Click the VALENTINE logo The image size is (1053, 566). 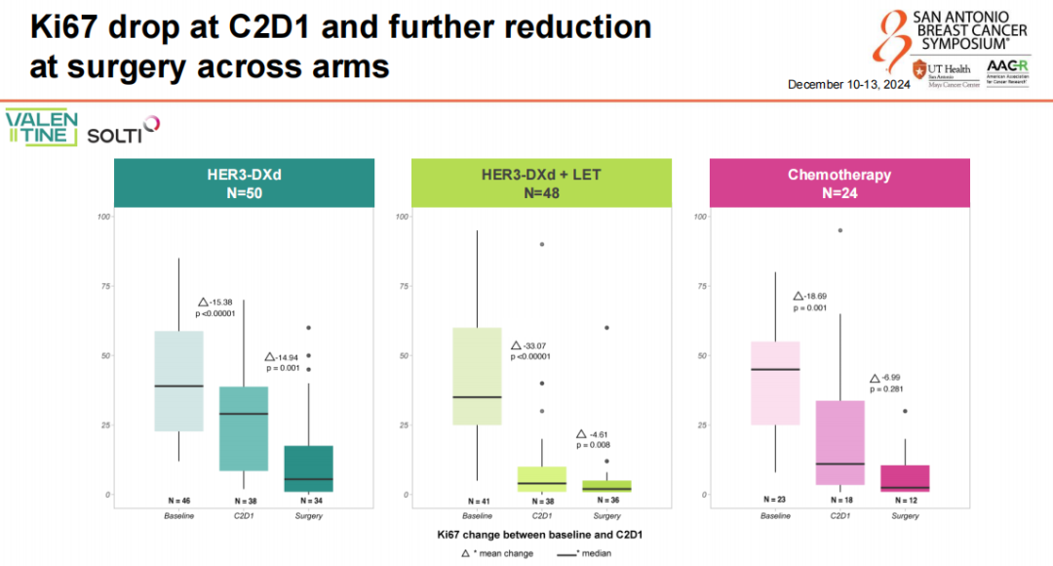click(41, 128)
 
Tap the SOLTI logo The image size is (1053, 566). click(122, 132)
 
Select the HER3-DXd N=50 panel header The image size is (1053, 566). click(244, 183)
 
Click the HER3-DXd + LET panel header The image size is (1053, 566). click(541, 183)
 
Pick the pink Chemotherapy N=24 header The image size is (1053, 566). click(839, 183)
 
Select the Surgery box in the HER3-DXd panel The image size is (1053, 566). click(309, 468)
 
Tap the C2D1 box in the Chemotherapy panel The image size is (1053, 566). click(839, 442)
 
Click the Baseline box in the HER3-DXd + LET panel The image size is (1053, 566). click(477, 376)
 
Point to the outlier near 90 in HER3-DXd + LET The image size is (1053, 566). click(541, 244)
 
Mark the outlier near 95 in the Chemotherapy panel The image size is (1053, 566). click(839, 230)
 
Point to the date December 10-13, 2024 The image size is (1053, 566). click(848, 85)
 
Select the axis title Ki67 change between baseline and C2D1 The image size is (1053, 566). click(539, 535)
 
